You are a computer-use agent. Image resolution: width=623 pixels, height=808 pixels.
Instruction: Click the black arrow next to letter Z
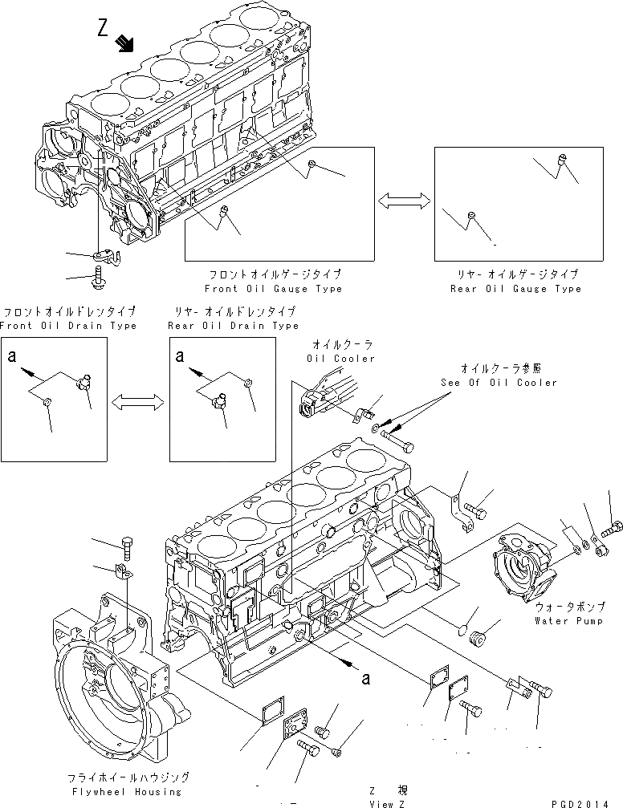tap(124, 43)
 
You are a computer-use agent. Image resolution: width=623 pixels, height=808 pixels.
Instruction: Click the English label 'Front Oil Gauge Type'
tap(273, 289)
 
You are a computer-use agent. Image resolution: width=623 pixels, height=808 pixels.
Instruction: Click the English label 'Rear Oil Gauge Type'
tap(515, 289)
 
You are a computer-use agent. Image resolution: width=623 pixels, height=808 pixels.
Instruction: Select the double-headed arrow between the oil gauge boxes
tap(404, 204)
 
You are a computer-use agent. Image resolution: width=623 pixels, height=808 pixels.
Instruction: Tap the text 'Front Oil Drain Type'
tap(68, 326)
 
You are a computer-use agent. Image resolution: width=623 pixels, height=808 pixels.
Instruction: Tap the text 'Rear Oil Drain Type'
tap(233, 326)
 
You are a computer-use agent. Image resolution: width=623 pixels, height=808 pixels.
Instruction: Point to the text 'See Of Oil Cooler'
tap(499, 383)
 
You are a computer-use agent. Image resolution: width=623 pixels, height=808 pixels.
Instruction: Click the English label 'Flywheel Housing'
tap(129, 790)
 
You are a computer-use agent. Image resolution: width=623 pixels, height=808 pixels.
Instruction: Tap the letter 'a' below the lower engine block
tap(367, 679)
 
